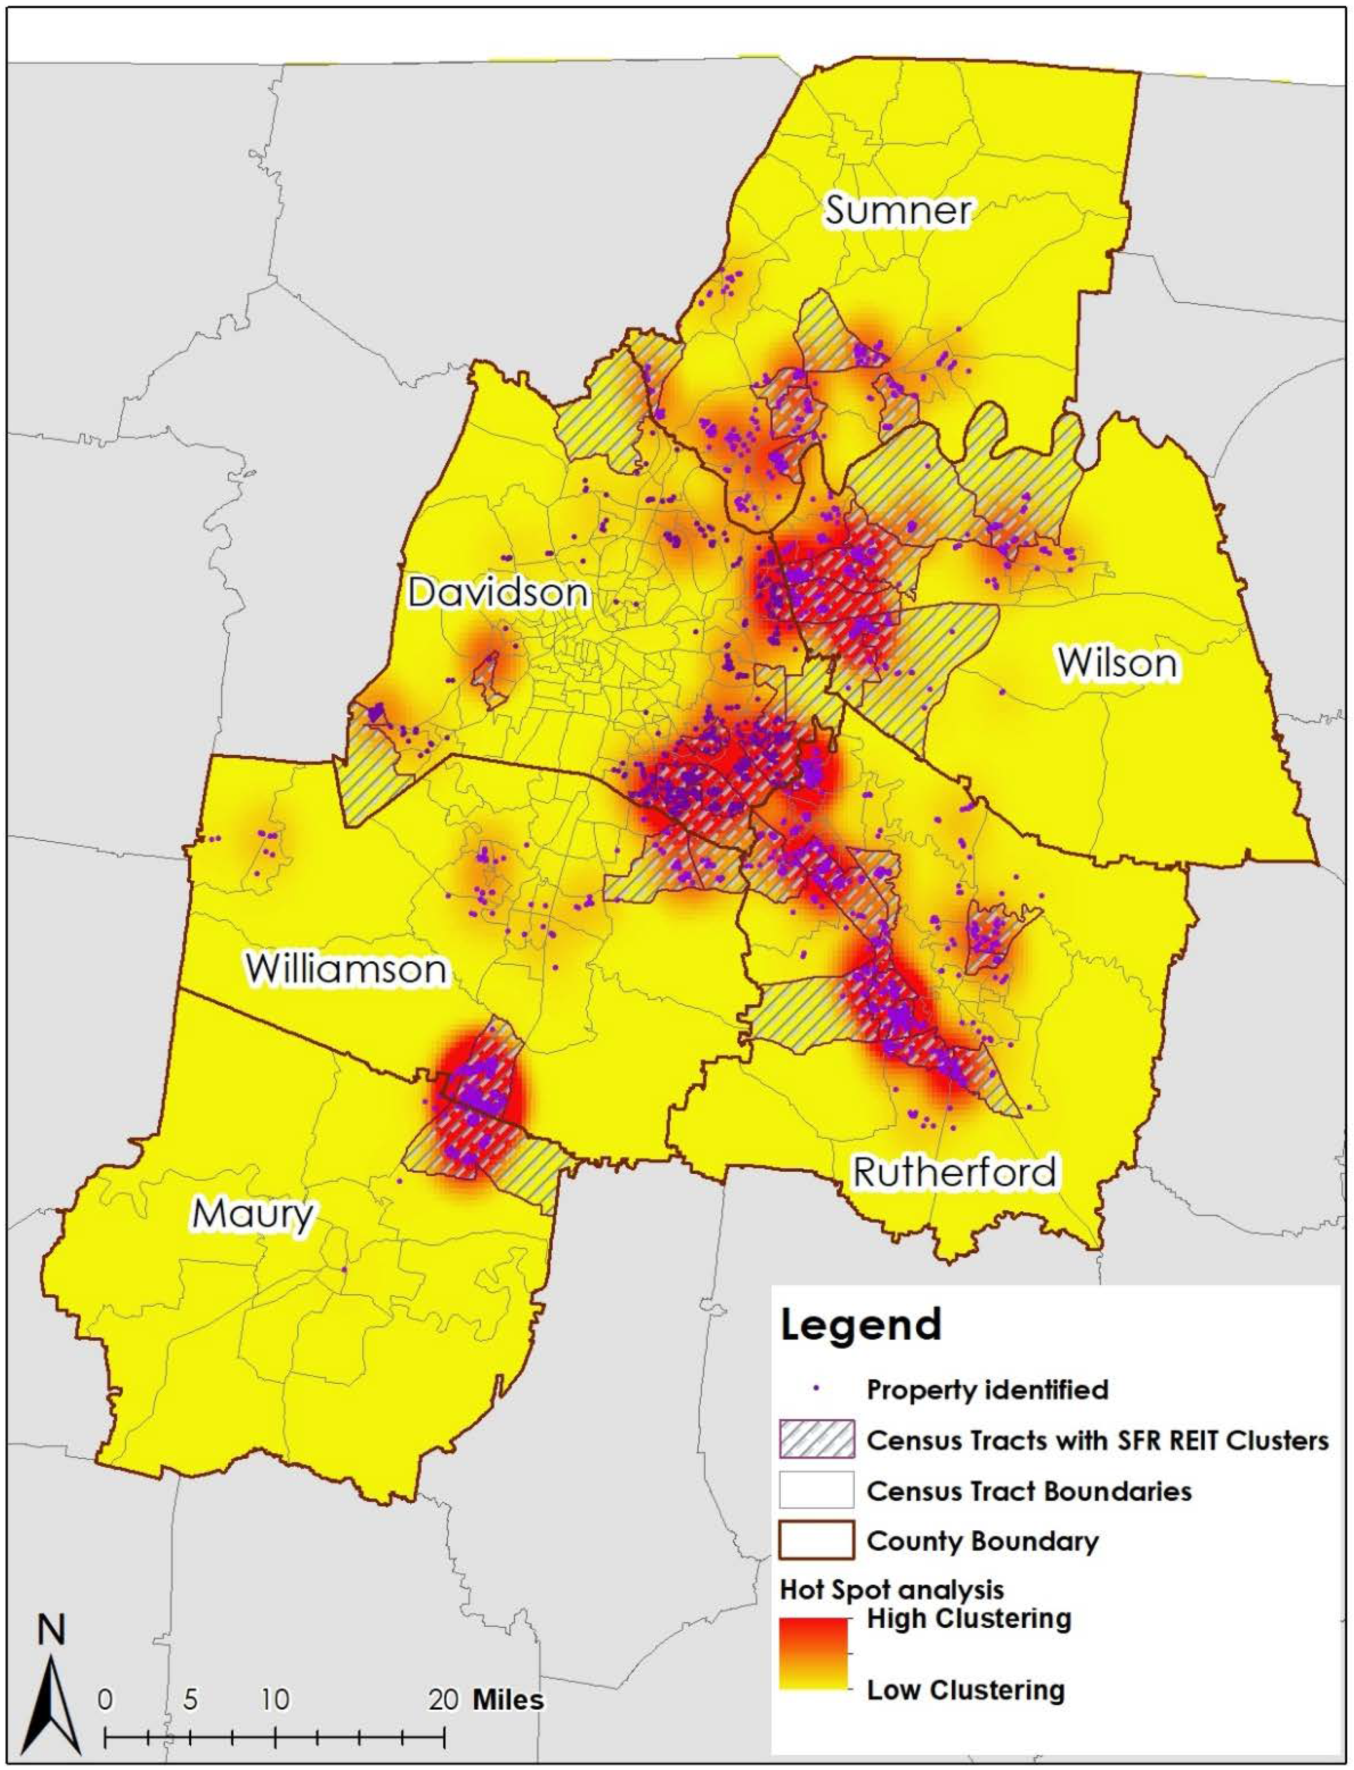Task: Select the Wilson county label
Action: pyautogui.click(x=1117, y=663)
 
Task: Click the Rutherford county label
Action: pyautogui.click(x=954, y=1172)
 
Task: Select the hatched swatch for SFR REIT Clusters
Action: pyautogui.click(x=817, y=1440)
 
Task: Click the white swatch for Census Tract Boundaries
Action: pyautogui.click(x=817, y=1490)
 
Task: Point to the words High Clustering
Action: pyautogui.click(x=969, y=1618)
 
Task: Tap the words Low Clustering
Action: pyautogui.click(x=966, y=1690)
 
